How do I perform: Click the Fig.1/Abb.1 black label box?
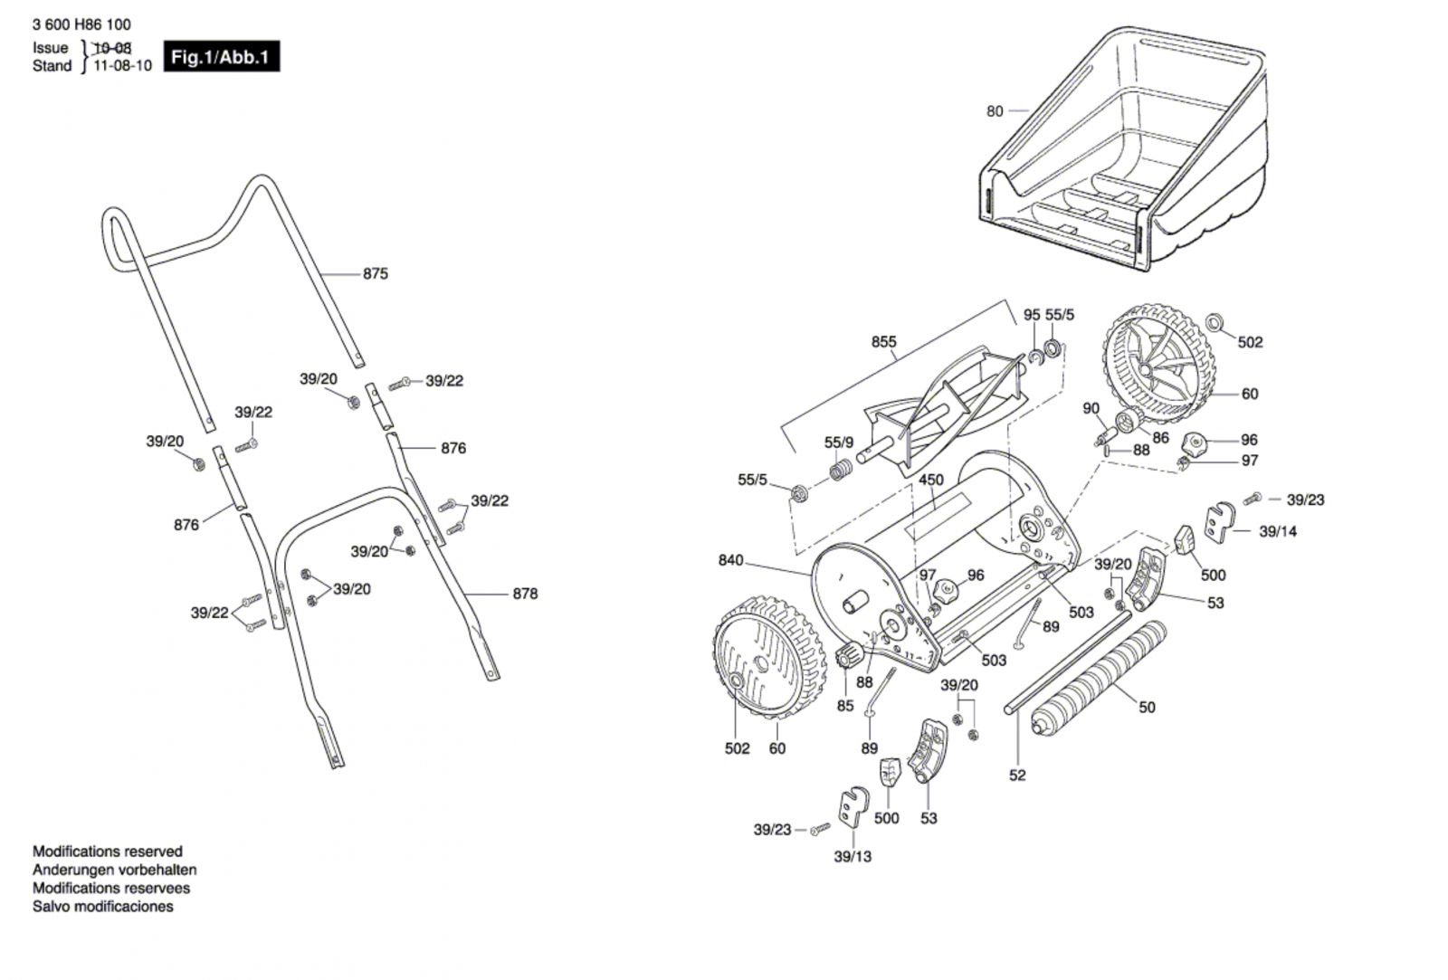pos(221,57)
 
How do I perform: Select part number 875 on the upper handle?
pos(375,273)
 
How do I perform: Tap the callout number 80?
pos(995,111)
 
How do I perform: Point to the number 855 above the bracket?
pos(883,342)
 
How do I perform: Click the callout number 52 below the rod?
pos(1017,775)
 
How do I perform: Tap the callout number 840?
pos(730,560)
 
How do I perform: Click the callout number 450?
pos(930,480)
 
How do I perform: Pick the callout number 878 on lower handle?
pos(525,594)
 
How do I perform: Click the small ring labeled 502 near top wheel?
pos(1215,322)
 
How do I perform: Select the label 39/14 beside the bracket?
pos(1277,531)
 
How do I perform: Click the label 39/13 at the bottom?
pos(853,856)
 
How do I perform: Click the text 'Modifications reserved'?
pos(107,852)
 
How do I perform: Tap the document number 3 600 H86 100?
pos(81,25)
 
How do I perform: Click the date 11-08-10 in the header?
pos(123,66)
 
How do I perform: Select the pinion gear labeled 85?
pos(849,656)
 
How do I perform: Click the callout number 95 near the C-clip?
pos(1032,315)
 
